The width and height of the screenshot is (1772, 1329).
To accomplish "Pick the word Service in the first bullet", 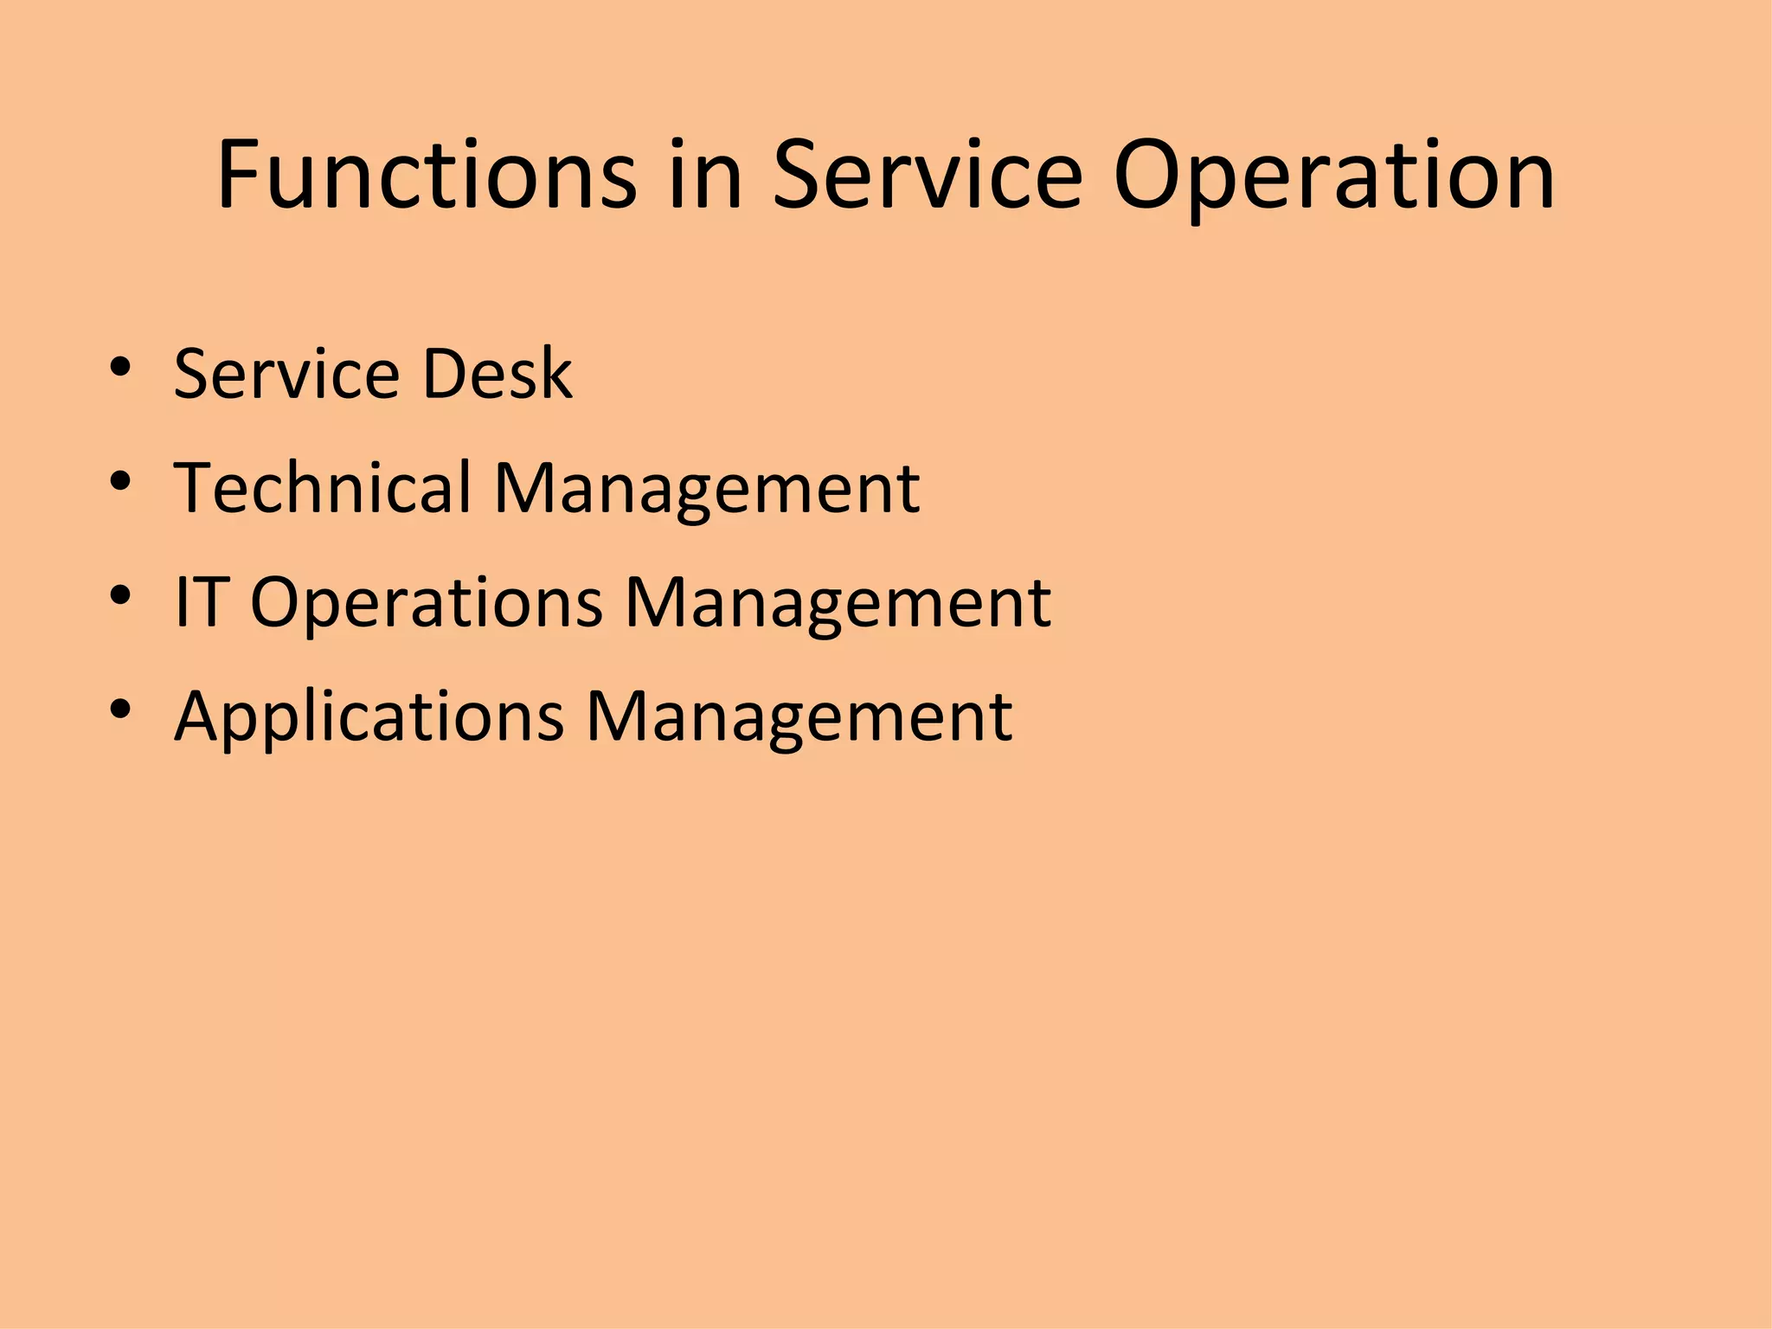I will pos(286,374).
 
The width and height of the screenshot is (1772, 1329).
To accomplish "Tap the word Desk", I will pos(497,374).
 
